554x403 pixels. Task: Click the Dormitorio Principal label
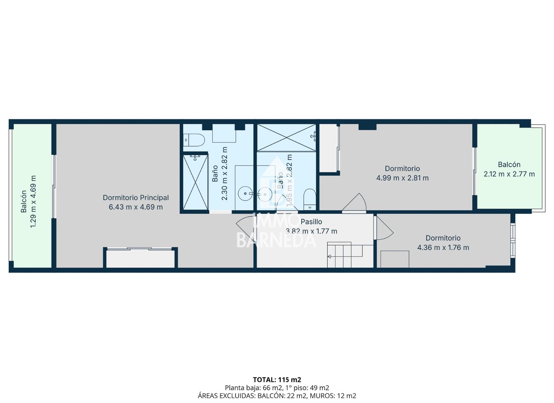point(136,198)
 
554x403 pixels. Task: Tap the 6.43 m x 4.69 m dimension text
point(136,207)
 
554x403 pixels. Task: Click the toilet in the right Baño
point(310,199)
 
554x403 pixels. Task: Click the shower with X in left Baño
point(195,182)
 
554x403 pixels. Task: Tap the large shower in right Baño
point(286,137)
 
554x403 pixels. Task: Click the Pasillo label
point(311,222)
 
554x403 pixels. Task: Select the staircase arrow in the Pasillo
point(330,257)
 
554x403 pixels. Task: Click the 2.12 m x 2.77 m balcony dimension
point(509,174)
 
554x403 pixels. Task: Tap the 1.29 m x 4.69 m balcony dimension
point(33,201)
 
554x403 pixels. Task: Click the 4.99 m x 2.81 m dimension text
point(402,178)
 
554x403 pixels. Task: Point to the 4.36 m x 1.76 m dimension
point(443,248)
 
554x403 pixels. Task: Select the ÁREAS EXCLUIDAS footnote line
point(277,396)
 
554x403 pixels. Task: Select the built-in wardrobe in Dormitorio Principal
point(140,258)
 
